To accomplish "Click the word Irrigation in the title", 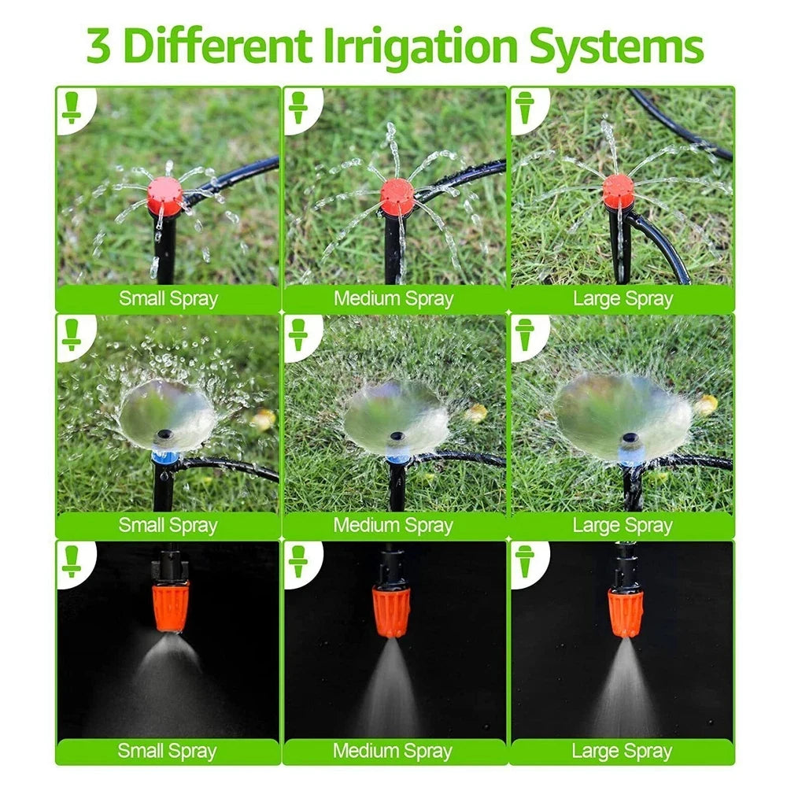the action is tap(419, 46).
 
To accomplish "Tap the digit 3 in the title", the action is tap(98, 46).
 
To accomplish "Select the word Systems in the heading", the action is tap(616, 46).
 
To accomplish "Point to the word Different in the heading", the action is tap(217, 46).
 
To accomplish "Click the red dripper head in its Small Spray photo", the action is tap(164, 196).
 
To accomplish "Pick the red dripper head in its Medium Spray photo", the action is tap(397, 196).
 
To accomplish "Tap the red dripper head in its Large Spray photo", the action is tap(619, 191).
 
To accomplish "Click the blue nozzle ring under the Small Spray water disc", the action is tap(164, 457).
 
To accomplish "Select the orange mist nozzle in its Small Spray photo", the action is tap(172, 606).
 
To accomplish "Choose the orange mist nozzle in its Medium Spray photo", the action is tap(391, 611).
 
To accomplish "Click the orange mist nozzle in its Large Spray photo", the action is tap(626, 613).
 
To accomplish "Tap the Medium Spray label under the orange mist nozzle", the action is tap(393, 752).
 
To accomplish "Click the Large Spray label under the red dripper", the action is tap(623, 299).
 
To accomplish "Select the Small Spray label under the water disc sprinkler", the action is tap(168, 526).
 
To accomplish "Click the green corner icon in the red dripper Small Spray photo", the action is tap(72, 107).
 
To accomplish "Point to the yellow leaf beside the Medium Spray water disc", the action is tap(476, 413).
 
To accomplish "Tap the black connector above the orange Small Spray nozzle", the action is tap(170, 563).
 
